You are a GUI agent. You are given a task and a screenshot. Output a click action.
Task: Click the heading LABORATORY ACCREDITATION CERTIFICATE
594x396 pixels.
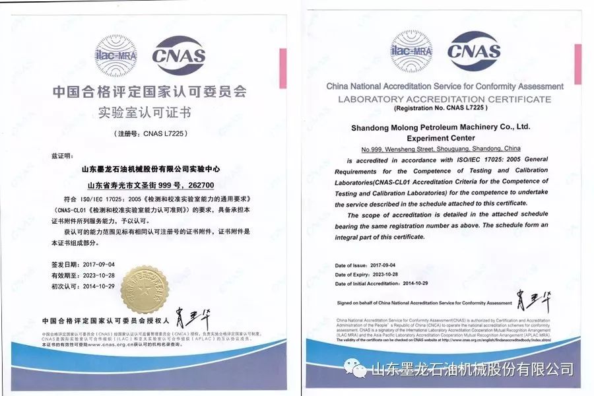444,99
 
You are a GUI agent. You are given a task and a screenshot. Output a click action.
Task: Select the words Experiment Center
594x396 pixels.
440,138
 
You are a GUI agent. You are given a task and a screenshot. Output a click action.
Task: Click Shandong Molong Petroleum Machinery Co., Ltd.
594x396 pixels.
440,126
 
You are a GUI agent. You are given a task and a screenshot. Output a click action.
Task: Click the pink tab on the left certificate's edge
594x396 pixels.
282,69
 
